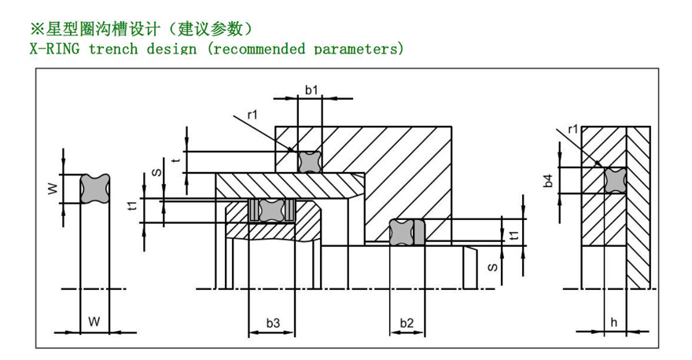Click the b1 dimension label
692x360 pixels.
(311, 90)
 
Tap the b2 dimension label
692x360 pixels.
(407, 323)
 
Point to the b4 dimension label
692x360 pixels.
(549, 180)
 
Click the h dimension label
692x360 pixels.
(613, 321)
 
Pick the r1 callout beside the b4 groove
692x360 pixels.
(572, 129)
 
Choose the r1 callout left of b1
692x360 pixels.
(252, 116)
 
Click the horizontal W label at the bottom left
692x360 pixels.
(94, 321)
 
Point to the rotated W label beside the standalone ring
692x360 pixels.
(52, 189)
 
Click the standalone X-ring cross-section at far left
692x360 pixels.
(94, 189)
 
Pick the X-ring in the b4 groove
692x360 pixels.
(614, 180)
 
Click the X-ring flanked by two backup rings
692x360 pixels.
(271, 210)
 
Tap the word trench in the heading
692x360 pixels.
(114, 49)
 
